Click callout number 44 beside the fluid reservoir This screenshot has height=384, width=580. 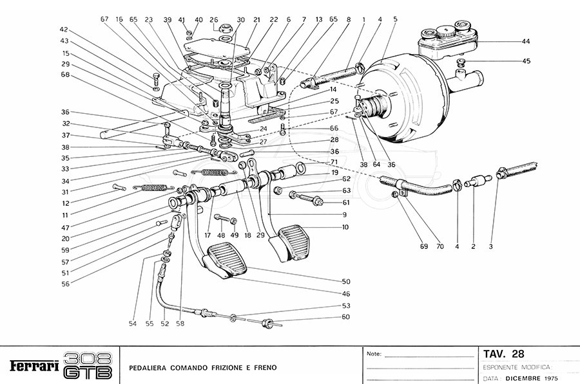(x=526, y=41)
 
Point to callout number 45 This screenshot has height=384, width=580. (x=526, y=62)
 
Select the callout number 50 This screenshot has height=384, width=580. (x=346, y=282)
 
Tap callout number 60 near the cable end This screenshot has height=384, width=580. (x=346, y=317)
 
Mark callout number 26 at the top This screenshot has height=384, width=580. (x=214, y=19)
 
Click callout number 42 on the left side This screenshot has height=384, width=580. (x=64, y=30)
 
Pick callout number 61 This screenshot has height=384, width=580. (x=346, y=203)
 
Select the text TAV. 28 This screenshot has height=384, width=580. (x=503, y=354)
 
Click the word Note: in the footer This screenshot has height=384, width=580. (x=374, y=354)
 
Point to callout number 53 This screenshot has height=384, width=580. (x=346, y=306)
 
